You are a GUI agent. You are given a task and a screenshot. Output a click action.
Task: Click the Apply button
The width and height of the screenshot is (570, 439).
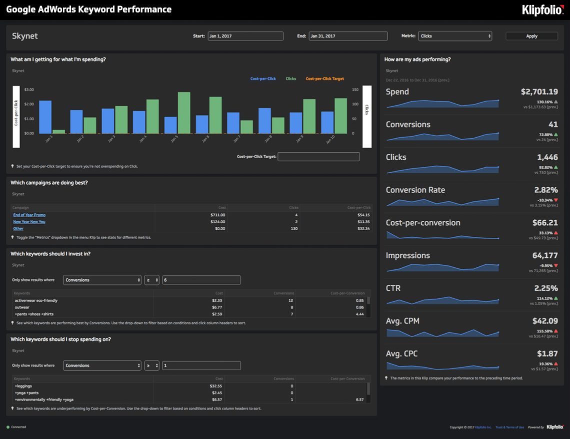531,36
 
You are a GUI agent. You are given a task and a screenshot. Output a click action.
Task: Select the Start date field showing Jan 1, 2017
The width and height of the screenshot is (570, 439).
245,36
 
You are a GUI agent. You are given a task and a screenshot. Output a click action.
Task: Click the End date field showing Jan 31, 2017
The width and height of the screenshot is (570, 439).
348,36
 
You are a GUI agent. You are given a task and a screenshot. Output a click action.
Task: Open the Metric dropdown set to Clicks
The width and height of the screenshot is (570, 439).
455,36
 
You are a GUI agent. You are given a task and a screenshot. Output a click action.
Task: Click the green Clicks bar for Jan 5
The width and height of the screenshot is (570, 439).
184,112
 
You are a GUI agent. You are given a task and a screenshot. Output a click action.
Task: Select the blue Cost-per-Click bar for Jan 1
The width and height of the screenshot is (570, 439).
45,117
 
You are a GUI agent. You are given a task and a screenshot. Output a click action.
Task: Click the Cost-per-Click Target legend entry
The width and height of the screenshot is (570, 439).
324,79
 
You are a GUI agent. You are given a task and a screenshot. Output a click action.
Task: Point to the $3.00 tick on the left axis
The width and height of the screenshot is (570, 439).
28,89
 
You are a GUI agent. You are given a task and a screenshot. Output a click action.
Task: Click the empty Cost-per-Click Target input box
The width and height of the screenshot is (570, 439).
318,157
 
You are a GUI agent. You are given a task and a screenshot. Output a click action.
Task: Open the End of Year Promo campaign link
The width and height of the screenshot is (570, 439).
29,215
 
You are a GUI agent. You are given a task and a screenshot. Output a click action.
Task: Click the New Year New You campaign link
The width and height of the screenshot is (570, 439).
29,222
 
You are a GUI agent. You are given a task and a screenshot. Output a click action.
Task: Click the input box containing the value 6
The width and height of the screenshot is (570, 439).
201,280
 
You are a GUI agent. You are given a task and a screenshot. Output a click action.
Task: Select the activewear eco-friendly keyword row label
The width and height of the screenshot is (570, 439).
36,301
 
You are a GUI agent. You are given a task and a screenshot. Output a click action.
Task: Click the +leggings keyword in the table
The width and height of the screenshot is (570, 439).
23,386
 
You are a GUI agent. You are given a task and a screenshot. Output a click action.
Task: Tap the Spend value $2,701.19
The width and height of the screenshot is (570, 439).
539,92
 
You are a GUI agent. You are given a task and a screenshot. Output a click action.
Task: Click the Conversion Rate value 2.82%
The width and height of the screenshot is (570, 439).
545,190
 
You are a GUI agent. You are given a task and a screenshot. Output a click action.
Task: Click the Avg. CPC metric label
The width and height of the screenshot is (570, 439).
401,354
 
